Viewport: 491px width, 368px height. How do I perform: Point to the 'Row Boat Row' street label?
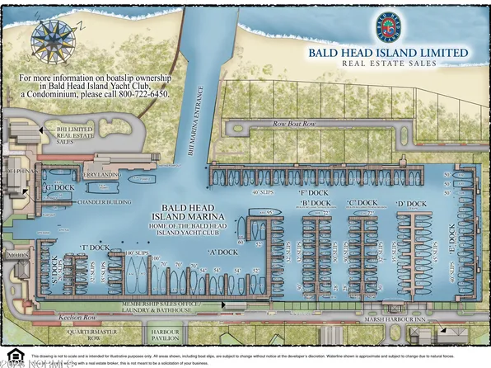coord(294,124)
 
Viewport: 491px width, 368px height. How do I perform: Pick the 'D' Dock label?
coord(411,204)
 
